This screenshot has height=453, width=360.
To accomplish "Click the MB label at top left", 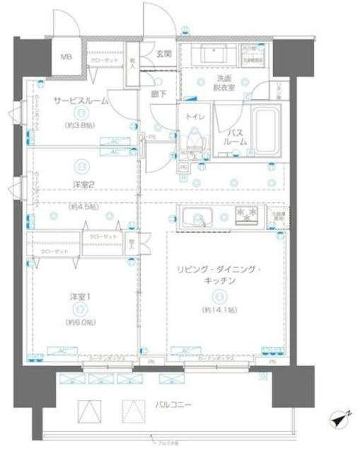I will pos(65,58).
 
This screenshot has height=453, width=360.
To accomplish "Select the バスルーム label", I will pos(236,137).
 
